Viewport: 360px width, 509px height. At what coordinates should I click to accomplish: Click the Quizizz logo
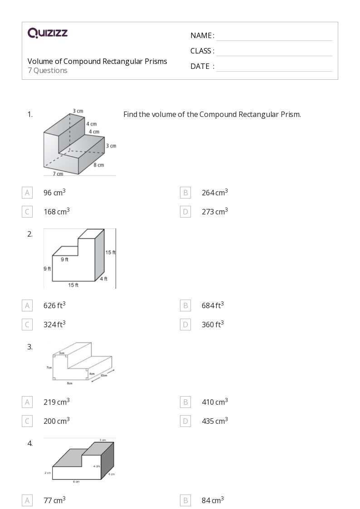(x=48, y=33)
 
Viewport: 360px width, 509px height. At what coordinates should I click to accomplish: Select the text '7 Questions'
(x=48, y=70)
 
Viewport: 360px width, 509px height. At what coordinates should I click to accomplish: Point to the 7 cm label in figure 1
(x=58, y=174)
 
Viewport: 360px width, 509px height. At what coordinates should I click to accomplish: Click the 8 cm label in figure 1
(x=99, y=165)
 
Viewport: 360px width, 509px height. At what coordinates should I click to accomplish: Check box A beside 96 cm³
(x=27, y=193)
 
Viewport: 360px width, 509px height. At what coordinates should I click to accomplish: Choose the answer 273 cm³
(x=214, y=212)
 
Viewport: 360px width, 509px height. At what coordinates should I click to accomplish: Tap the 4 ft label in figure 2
(x=104, y=279)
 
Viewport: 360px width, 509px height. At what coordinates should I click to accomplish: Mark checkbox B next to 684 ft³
(x=185, y=305)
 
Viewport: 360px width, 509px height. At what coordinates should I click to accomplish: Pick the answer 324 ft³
(x=54, y=325)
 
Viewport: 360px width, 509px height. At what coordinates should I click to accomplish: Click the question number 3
(x=30, y=347)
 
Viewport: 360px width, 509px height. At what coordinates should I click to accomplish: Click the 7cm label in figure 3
(x=49, y=368)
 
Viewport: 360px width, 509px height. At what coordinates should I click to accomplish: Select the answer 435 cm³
(x=214, y=421)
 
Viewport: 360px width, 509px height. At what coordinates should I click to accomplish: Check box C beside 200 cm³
(x=27, y=421)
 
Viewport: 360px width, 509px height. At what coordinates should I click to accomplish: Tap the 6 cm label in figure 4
(x=76, y=481)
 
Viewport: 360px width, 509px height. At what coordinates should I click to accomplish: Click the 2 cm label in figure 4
(x=48, y=473)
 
